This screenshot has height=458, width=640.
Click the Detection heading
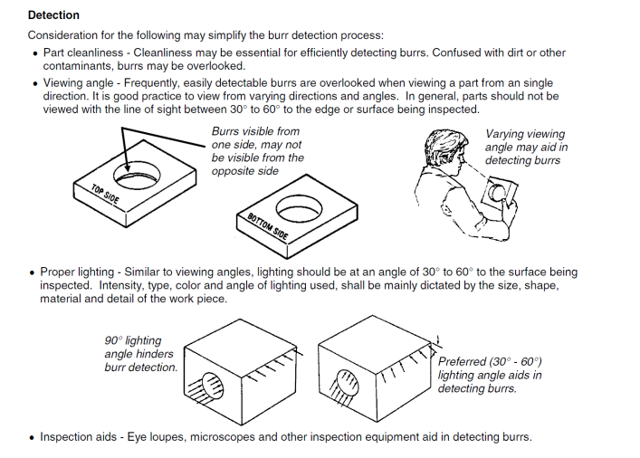[x=53, y=15]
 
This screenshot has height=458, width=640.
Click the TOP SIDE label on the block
[x=105, y=193]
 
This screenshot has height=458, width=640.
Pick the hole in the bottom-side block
[x=298, y=209]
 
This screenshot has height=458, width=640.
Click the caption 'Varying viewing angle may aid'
[x=524, y=147]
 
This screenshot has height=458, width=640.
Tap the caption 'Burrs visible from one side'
[x=257, y=151]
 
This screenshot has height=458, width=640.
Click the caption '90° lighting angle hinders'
[x=139, y=354]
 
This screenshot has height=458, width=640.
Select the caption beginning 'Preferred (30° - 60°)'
[x=490, y=375]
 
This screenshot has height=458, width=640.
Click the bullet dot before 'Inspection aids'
[x=33, y=438]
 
